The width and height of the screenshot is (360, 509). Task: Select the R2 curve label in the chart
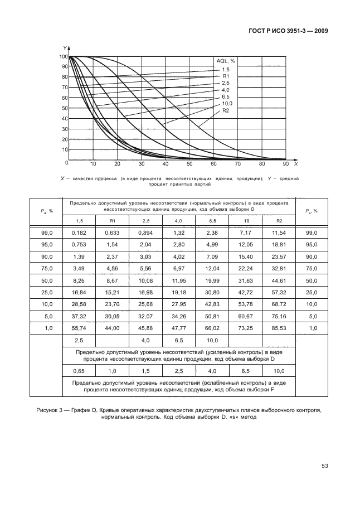[226, 110]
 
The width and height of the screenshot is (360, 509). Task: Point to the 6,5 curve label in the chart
[226, 96]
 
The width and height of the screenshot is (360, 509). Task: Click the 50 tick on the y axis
[63, 108]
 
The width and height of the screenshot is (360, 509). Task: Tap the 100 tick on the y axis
[62, 56]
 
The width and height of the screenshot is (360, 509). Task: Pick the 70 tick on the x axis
[237, 164]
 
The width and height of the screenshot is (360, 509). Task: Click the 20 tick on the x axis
[117, 164]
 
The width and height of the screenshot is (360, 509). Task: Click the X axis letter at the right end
[296, 164]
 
